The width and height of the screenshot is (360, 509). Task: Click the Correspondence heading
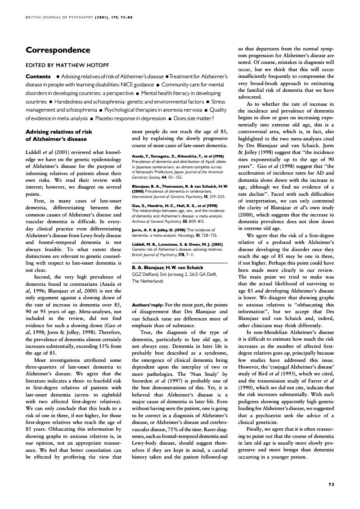pos(58,50)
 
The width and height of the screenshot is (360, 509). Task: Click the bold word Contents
pos(38,77)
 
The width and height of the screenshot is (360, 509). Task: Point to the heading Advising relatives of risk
pos(59,132)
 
